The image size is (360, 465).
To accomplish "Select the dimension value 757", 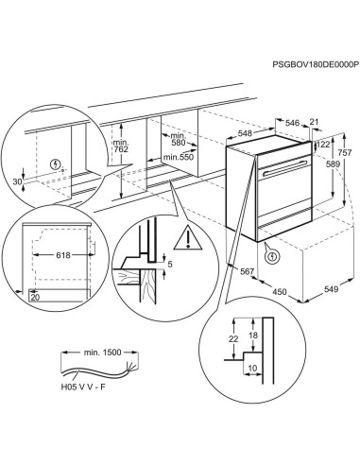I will click(344, 152).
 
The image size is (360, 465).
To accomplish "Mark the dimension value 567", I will click(249, 272).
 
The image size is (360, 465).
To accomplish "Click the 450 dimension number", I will click(279, 291).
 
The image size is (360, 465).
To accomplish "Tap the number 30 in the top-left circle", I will click(18, 182).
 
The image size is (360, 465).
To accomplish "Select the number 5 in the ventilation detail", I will click(169, 266).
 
